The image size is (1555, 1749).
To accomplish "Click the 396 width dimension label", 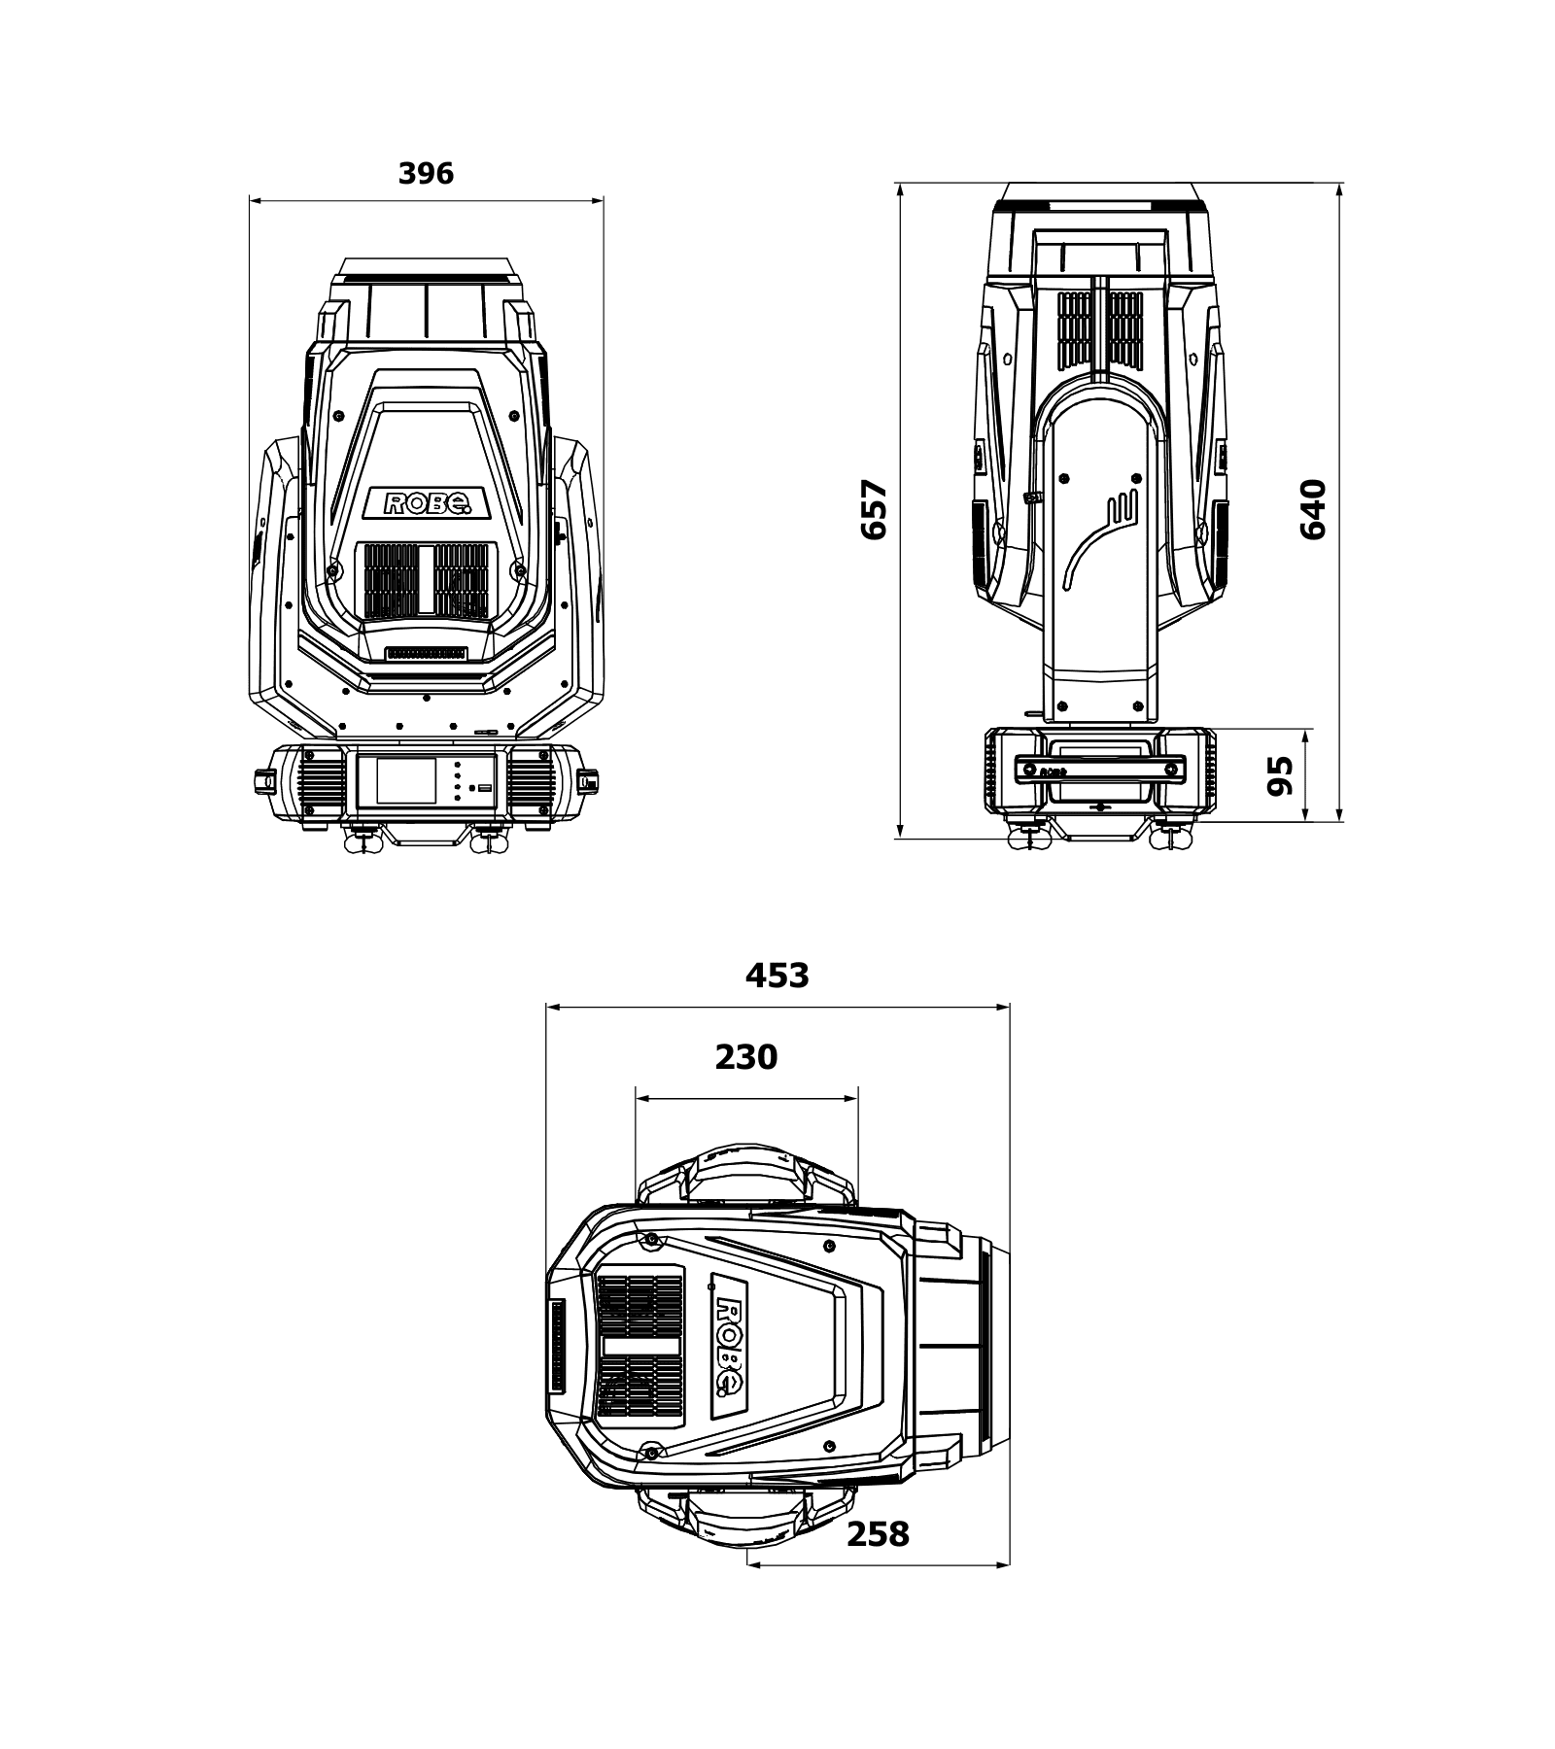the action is pos(426,174).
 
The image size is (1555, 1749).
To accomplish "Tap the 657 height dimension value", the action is pos(875,509).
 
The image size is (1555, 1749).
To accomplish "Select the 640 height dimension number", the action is pos(1313,509).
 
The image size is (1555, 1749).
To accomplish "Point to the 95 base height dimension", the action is pos(1282,775).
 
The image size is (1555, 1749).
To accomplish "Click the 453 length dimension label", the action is pos(777,976).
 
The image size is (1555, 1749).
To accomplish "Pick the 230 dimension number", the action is pos(746,1057).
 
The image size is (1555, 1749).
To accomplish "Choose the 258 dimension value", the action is pos(878,1534).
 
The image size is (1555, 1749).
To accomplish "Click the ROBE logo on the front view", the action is pos(428,502).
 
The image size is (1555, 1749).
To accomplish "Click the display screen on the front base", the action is pos(406,780).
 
